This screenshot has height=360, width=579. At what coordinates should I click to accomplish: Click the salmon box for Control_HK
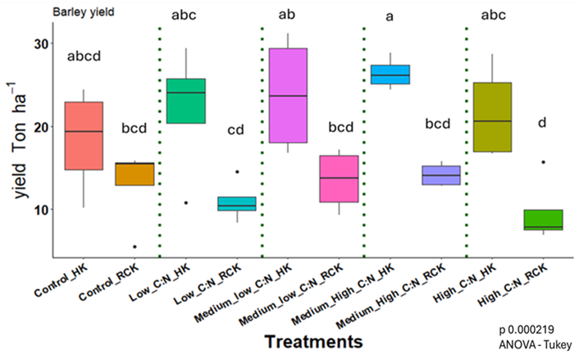point(84,135)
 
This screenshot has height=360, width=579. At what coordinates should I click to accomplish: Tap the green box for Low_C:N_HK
point(185,101)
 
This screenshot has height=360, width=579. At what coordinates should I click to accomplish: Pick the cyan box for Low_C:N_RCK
point(236,203)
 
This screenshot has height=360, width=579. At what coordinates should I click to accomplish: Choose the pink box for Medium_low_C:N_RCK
point(339,178)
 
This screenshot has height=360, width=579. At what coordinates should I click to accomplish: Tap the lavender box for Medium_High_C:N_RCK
point(440,175)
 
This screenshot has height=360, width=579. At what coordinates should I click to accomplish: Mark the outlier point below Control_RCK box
point(134,246)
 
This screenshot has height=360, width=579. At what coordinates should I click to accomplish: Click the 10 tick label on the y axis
point(39,210)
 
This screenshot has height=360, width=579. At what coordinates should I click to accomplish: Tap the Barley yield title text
point(84,11)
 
